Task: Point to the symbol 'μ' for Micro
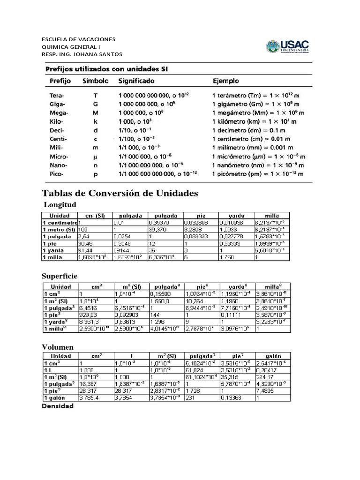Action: [95, 156]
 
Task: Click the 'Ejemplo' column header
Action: [226, 81]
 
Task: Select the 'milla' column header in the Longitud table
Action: [272, 216]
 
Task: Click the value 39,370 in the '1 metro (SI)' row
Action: [157, 230]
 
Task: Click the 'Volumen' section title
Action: [58, 347]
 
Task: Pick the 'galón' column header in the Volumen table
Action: [272, 357]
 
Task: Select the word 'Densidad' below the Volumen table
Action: [58, 406]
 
